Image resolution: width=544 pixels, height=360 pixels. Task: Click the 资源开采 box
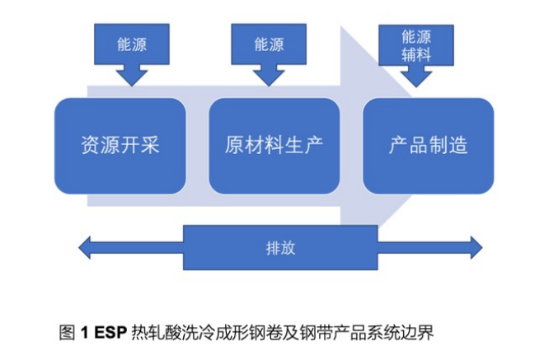click(x=120, y=146)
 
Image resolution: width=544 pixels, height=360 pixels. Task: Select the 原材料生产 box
click(x=274, y=146)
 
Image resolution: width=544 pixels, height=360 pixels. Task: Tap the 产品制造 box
click(x=429, y=146)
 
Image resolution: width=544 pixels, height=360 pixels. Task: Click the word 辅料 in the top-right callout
click(x=416, y=56)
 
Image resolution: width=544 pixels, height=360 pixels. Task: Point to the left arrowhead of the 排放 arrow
click(x=82, y=246)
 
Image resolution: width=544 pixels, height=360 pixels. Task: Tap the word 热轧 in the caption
click(x=148, y=333)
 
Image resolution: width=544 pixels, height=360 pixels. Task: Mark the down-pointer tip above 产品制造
click(x=416, y=86)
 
